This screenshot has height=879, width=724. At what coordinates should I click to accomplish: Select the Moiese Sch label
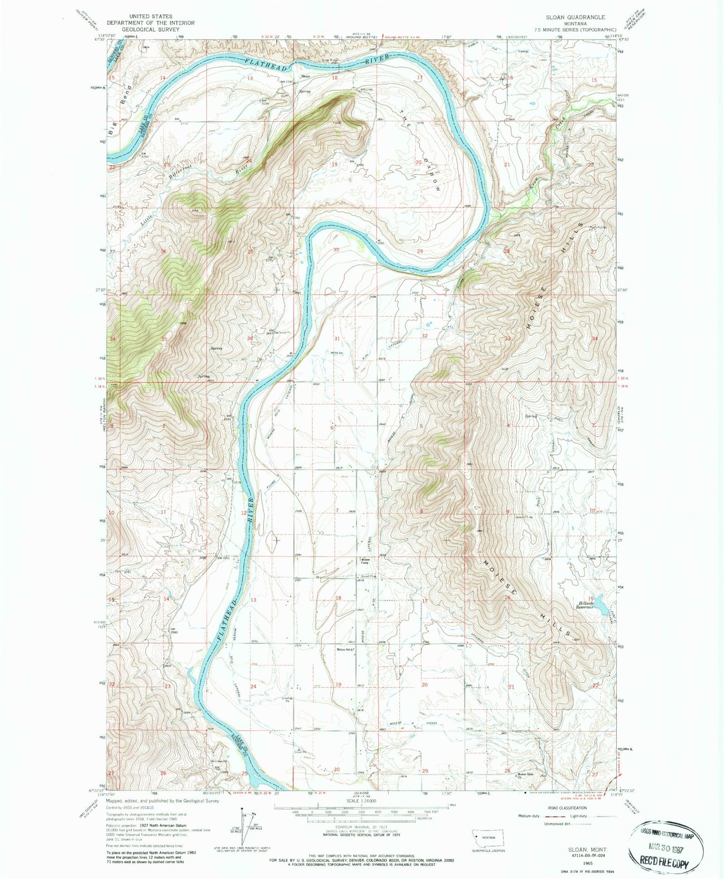(345, 650)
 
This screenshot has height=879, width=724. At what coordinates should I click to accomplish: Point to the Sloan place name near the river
(305, 76)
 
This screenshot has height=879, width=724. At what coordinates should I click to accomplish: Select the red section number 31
(337, 339)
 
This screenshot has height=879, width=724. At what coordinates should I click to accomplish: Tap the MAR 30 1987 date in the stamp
(668, 845)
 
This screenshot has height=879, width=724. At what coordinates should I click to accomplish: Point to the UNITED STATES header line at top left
(151, 17)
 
